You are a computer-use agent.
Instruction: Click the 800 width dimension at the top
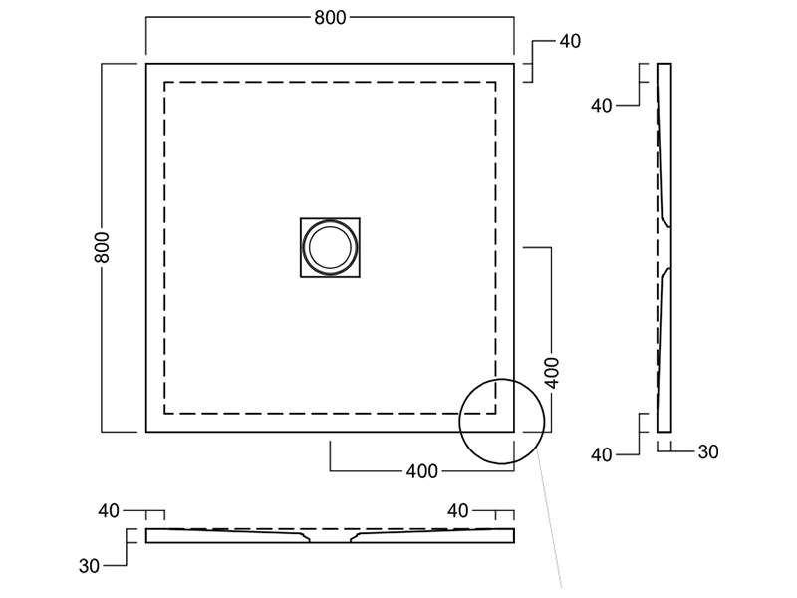click(x=330, y=18)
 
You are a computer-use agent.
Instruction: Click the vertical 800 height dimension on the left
click(x=103, y=247)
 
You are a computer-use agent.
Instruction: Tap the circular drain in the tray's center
click(x=330, y=247)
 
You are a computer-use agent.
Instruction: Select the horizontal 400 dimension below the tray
click(x=422, y=471)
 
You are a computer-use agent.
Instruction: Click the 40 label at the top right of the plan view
click(x=570, y=42)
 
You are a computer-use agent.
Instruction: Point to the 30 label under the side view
click(x=707, y=452)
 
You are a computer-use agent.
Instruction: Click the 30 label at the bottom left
click(x=89, y=565)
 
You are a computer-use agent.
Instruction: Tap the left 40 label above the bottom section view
click(x=108, y=511)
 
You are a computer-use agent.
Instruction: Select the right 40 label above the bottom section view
click(x=457, y=511)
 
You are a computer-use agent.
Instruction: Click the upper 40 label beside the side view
click(x=601, y=105)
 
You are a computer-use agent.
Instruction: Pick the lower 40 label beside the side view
click(x=601, y=454)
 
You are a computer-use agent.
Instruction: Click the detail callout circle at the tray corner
click(x=500, y=423)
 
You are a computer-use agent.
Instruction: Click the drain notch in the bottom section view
click(x=330, y=538)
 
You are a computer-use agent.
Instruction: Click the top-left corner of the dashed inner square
click(x=164, y=83)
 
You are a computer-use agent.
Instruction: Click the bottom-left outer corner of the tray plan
click(x=147, y=431)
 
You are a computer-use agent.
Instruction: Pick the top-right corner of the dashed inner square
click(x=496, y=83)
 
